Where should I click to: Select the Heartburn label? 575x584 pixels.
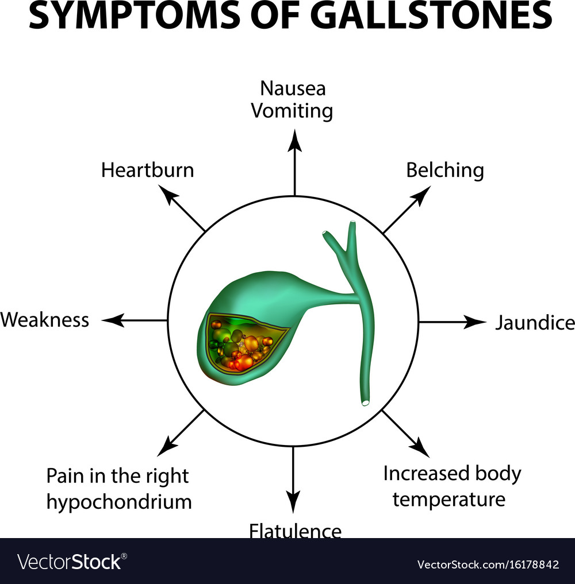[148, 170]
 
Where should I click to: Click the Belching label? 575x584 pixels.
[444, 171]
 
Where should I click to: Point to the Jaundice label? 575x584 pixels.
[534, 323]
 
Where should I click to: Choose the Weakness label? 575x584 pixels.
[45, 319]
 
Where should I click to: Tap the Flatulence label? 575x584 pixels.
[295, 531]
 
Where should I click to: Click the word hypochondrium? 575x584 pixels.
[118, 502]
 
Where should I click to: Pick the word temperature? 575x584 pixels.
[448, 498]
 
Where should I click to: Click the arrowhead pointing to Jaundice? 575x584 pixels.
[478, 322]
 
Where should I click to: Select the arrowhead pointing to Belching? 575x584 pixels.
[423, 195]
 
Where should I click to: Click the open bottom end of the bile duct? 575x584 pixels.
[365, 403]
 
